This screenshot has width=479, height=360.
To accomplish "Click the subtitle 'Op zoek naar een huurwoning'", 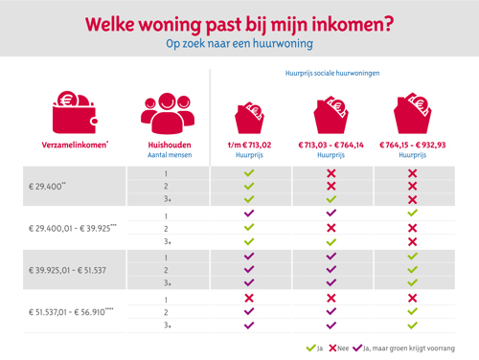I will click(x=239, y=44).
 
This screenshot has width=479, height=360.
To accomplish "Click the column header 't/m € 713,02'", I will click(x=249, y=145).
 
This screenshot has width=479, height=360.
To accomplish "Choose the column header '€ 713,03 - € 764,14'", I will click(x=331, y=145).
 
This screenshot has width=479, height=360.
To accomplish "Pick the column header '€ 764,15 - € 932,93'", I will click(x=412, y=145).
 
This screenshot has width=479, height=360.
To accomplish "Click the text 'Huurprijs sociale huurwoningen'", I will click(x=331, y=73).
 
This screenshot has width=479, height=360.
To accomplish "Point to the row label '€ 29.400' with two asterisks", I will click(x=48, y=187).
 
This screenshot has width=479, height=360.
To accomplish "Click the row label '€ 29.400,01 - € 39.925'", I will click(x=73, y=229).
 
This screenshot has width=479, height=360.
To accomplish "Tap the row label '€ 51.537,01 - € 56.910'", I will click(x=72, y=312).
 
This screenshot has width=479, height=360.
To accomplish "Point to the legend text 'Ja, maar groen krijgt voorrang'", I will click(x=410, y=349).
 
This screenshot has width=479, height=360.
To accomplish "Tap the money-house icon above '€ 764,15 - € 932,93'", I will click(x=412, y=113).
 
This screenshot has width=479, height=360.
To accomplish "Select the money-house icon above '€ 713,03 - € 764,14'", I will click(x=331, y=113).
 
